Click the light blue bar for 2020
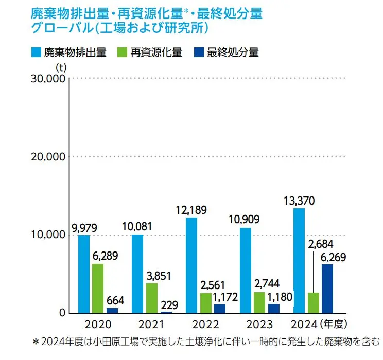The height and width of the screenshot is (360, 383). tap(84, 274)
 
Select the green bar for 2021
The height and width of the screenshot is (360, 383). tap(151, 298)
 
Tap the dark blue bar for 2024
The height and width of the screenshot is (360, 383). tap(327, 289)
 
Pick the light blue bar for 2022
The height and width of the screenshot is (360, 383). tap(191, 265)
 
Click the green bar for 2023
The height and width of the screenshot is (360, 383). tap(259, 302)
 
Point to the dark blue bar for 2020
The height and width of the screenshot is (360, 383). tap(112, 310)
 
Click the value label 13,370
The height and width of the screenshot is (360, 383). tap(299, 200)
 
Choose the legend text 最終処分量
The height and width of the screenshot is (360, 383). tap(232, 52)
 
